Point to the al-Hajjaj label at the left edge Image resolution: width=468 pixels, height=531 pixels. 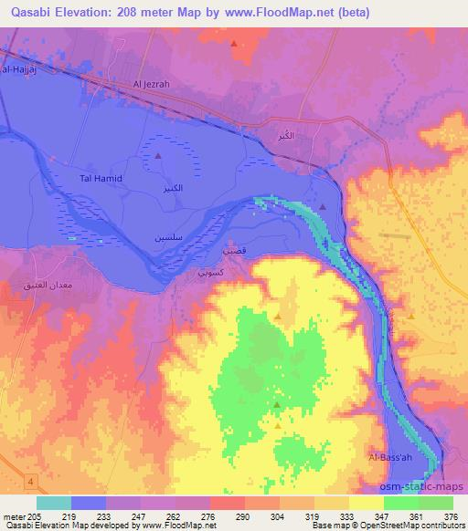tap(16, 68)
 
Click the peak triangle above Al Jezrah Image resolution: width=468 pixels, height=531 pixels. tap(235, 43)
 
